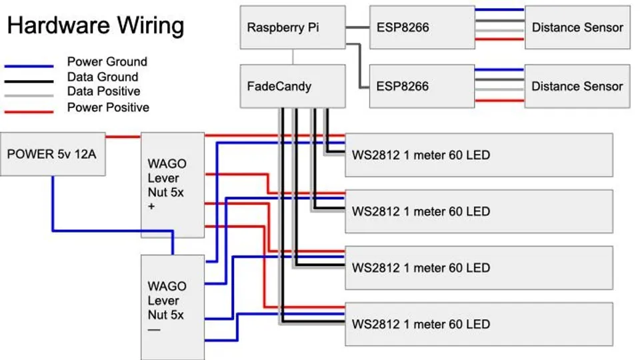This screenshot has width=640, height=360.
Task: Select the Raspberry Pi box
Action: [x=292, y=27]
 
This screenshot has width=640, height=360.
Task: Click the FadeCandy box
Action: [x=292, y=86]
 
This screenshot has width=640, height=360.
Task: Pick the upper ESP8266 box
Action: [x=421, y=27]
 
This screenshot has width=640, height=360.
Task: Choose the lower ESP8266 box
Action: [x=421, y=86]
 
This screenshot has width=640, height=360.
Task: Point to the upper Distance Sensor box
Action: [x=577, y=27]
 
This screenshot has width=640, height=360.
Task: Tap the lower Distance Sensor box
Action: [x=577, y=86]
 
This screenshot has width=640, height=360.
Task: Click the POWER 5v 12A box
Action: [x=52, y=154]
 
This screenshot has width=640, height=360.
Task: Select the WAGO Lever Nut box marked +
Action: [x=172, y=184]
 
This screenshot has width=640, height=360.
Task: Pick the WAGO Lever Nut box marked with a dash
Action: [x=172, y=307]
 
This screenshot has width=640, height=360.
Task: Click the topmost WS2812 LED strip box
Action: [x=479, y=155]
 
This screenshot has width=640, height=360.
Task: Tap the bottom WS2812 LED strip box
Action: [x=479, y=324]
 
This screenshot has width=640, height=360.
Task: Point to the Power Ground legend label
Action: [x=107, y=62]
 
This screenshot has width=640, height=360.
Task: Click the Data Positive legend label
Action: [x=103, y=91]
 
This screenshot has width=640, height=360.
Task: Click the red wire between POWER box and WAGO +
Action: [x=123, y=137]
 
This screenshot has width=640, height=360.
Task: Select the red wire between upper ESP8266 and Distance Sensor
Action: [x=499, y=39]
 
